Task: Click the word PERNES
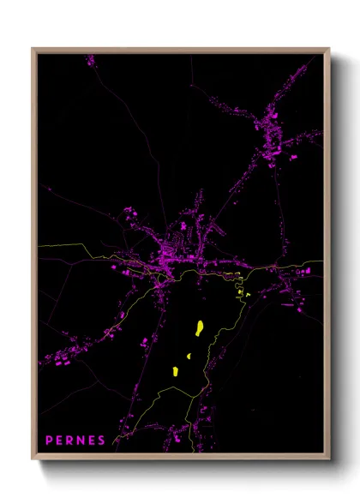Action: pyautogui.click(x=75, y=441)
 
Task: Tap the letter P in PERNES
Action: pyautogui.click(x=50, y=441)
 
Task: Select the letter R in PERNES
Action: pyautogui.click(x=71, y=441)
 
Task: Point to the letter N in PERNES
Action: pyautogui.click(x=81, y=441)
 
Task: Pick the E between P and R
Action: pyautogui.click(x=61, y=441)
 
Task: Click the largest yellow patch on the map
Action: pyautogui.click(x=198, y=328)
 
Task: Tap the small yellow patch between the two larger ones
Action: pyautogui.click(x=188, y=356)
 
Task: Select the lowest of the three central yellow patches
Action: pyautogui.click(x=176, y=371)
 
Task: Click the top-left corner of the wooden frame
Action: pyautogui.click(x=33, y=49)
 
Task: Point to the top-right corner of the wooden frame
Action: pyautogui.click(x=329, y=49)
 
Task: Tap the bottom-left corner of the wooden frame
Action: pyautogui.click(x=33, y=459)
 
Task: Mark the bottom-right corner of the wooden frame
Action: pyautogui.click(x=329, y=459)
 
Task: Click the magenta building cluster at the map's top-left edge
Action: pyautogui.click(x=90, y=60)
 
